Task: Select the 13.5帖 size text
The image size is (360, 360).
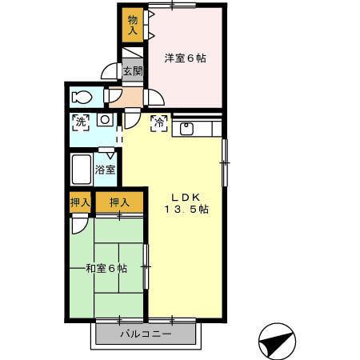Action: pos(186,210)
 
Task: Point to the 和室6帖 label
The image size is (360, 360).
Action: pos(106,269)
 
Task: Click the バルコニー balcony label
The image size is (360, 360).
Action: pos(145,334)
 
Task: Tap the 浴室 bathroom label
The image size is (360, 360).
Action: pos(105,170)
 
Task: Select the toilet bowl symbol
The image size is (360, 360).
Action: pos(82,97)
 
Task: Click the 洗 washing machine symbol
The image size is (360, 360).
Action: pos(80,122)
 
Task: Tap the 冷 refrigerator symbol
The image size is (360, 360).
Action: pos(158,124)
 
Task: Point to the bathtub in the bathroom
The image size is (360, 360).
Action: pos(81,170)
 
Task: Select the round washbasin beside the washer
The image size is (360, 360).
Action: pos(103,121)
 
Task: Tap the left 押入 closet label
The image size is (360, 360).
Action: pos(79,203)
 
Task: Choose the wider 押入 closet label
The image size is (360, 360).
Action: pos(119,203)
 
